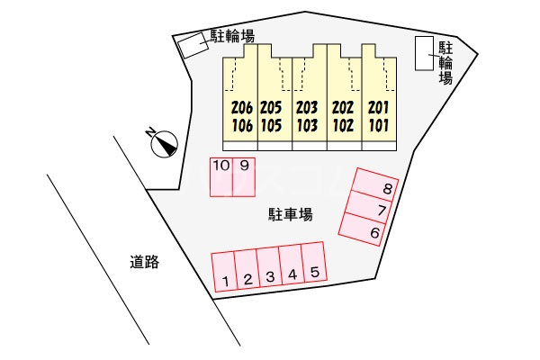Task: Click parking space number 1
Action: pyautogui.click(x=224, y=272)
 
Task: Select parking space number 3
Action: pyautogui.click(x=269, y=266)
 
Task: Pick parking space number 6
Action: pyautogui.click(x=363, y=229)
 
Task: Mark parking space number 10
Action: pyautogui.click(x=221, y=177)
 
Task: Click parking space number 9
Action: pyautogui.click(x=244, y=177)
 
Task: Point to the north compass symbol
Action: pyautogui.click(x=164, y=143)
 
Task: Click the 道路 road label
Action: pyautogui.click(x=145, y=262)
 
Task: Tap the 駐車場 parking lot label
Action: pyautogui.click(x=291, y=214)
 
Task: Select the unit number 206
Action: pyautogui.click(x=242, y=108)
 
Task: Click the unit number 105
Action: pyautogui.click(x=272, y=125)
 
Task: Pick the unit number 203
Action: pyautogui.click(x=307, y=108)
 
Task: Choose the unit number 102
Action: pyautogui.click(x=343, y=125)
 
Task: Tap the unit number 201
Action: pyautogui.click(x=379, y=108)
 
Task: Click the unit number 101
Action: pyautogui.click(x=379, y=125)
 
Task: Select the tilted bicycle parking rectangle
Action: pyautogui.click(x=193, y=45)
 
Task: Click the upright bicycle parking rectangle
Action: pyautogui.click(x=424, y=53)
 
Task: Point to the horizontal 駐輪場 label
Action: pyautogui.click(x=232, y=36)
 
